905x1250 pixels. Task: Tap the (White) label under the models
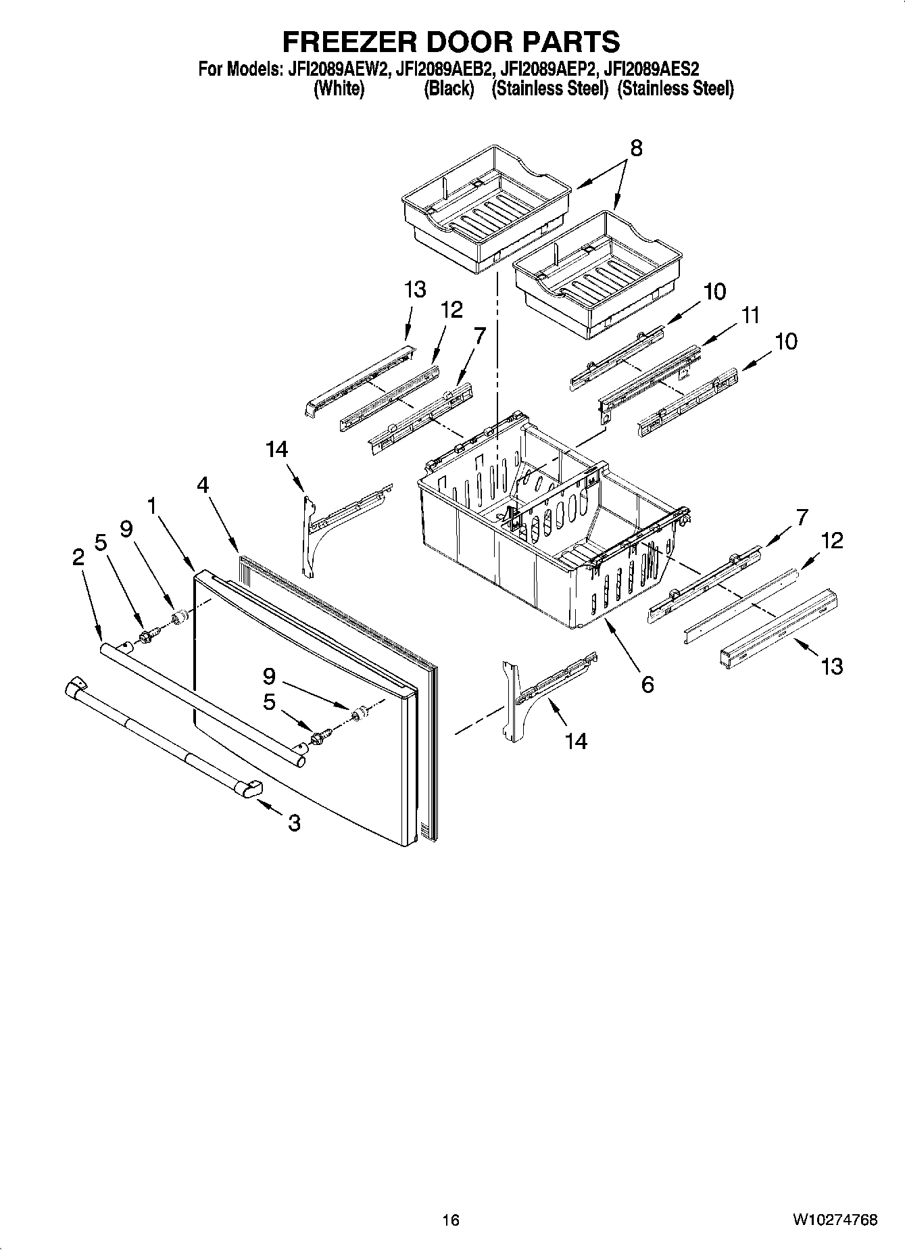[339, 89]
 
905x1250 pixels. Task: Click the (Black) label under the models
[449, 89]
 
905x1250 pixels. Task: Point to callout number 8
[635, 148]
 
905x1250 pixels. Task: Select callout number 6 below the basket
[647, 685]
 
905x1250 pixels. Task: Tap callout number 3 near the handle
[294, 823]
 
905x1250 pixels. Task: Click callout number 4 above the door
[203, 484]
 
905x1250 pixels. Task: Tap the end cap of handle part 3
[251, 789]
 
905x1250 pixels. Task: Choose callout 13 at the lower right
[832, 666]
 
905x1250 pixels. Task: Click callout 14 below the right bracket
[576, 741]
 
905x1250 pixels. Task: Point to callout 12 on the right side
[832, 540]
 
